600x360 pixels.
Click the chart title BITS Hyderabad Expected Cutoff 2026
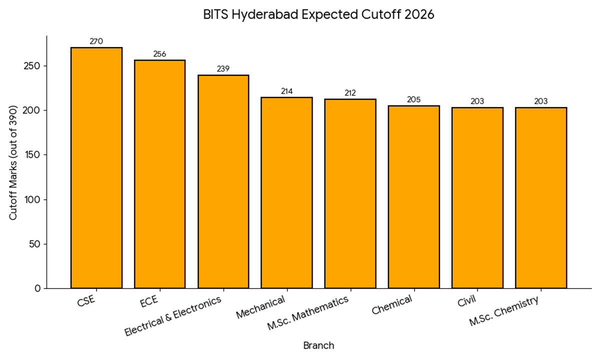click(x=318, y=14)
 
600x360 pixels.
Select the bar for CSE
click(x=96, y=167)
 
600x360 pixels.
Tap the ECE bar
click(x=160, y=174)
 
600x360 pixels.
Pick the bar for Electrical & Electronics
click(x=223, y=181)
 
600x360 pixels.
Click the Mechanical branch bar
click(x=286, y=192)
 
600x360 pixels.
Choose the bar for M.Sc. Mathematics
click(x=350, y=193)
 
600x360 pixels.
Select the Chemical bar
click(x=413, y=196)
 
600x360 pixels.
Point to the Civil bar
click(x=477, y=197)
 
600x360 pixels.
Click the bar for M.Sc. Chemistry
click(x=540, y=197)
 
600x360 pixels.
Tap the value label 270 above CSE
click(x=96, y=41)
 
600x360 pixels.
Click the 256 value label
click(x=160, y=54)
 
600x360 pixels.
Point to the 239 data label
click(x=223, y=69)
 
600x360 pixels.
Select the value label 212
click(x=350, y=93)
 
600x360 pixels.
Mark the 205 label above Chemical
click(x=413, y=99)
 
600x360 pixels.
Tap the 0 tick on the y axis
click(x=37, y=288)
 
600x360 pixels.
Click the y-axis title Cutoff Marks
click(x=13, y=162)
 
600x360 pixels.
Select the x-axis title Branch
click(x=318, y=345)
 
